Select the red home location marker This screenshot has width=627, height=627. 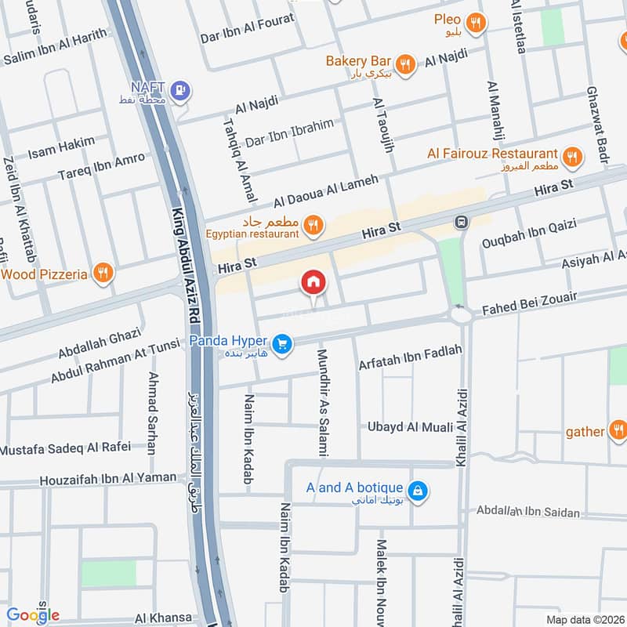pos(313,283)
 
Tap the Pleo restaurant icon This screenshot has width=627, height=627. pos(473,22)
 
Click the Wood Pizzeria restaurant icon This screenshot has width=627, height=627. pos(102,274)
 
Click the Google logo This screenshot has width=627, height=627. pos(33,614)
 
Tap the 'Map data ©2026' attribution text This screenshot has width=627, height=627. pos(584,619)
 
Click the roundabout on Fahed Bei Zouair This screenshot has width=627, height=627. pos(461,314)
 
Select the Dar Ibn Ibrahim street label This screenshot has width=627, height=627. pos(289,133)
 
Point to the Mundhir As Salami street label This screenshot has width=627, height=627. pos(322,402)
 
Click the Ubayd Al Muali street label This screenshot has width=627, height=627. pos(411,427)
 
